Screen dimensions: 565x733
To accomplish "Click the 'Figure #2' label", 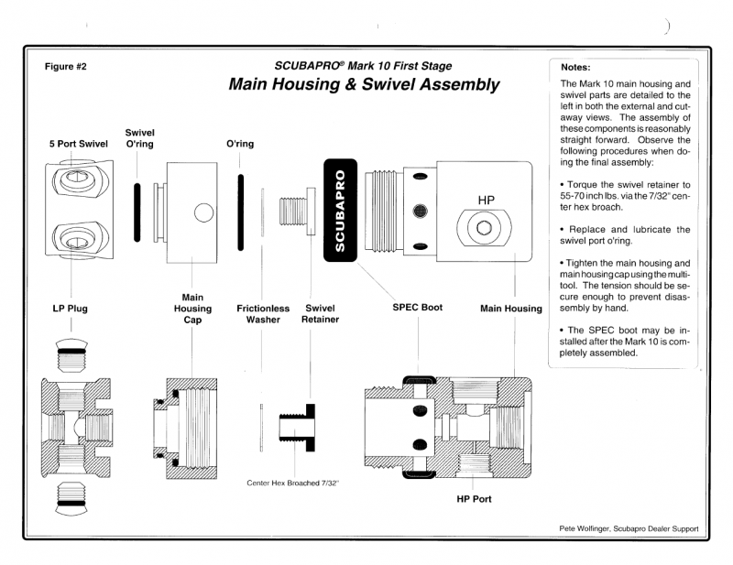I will tap(64, 67).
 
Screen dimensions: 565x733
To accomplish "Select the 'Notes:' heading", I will tap(574, 67).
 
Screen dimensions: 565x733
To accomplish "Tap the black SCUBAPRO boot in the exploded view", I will tap(340, 211).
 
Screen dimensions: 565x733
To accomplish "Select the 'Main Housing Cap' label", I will tap(192, 309).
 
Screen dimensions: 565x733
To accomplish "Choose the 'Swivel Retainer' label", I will tap(320, 314).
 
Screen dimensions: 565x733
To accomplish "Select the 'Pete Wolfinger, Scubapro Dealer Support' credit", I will tap(629, 528).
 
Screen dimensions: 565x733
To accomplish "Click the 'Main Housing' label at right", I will tap(510, 309).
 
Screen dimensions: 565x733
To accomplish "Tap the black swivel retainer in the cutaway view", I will tap(307, 423).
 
